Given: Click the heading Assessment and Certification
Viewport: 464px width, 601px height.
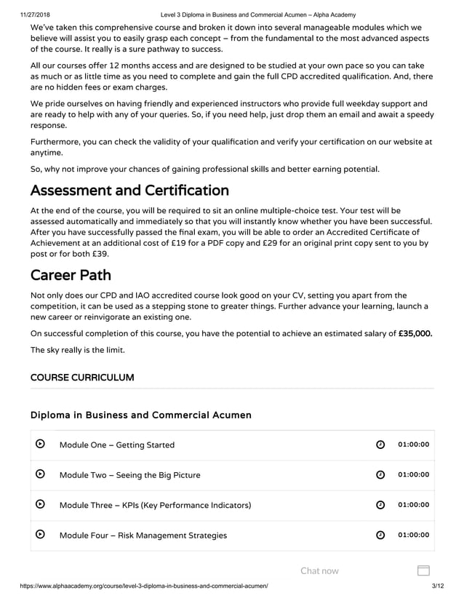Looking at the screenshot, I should tap(129, 191).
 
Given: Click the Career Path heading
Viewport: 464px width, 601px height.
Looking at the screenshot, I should tap(71, 276).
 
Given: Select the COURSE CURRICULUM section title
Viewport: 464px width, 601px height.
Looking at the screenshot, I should tap(82, 378).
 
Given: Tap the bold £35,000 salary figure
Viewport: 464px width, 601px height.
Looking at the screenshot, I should tap(415, 334).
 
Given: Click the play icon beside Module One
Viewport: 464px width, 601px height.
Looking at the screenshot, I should tap(41, 445).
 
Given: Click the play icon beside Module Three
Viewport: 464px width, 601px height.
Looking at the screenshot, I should tap(41, 504).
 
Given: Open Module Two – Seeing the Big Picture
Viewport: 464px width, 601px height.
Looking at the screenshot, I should tap(129, 475).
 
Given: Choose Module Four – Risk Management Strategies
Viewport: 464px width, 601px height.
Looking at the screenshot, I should tap(143, 536).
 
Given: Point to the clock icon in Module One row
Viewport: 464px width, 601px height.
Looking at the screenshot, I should tap(380, 445).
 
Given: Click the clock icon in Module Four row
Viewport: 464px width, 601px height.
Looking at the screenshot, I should tap(380, 536).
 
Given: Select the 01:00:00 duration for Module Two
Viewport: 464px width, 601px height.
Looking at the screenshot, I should tap(413, 475).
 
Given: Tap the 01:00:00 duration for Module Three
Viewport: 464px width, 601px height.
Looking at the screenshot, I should tap(413, 505).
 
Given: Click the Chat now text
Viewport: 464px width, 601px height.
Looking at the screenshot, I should tap(319, 570).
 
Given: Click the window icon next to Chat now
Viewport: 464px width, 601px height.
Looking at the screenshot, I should tap(424, 570).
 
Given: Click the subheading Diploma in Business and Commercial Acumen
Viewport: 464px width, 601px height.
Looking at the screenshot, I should tap(141, 415).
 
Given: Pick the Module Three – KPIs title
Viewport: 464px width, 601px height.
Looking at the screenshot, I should tap(155, 505).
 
